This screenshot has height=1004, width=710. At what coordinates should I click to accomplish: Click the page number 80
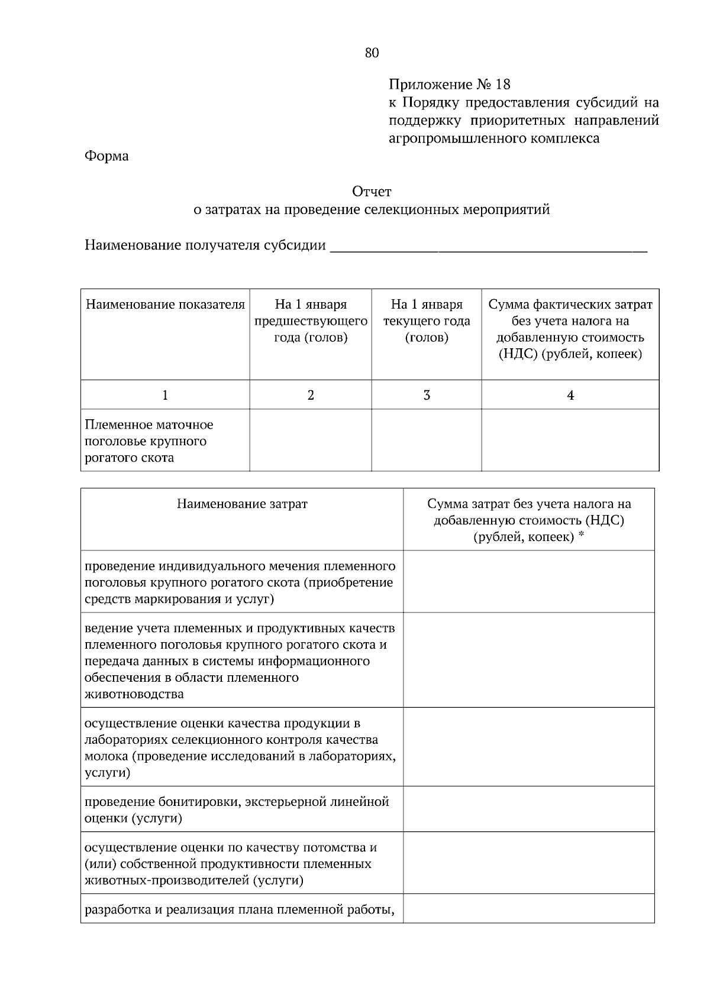pos(372,53)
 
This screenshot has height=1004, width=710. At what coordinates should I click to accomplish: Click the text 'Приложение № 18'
pos(449,85)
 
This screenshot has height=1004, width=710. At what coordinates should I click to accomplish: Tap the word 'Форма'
pos(106,156)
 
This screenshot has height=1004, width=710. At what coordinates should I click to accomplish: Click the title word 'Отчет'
pos(372,192)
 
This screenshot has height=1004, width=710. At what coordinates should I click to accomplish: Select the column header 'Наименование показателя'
pos(165,305)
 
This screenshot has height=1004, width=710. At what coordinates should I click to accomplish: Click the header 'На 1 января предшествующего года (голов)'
pos(311,321)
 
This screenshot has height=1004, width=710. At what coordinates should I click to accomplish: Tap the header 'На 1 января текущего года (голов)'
pos(427,321)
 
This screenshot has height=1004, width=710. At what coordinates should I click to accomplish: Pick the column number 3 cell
pos(427,395)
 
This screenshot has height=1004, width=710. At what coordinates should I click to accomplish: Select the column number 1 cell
pos(165,395)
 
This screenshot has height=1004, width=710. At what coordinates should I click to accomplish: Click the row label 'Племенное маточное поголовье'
pos(149,441)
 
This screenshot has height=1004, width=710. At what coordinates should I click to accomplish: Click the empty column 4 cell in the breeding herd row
pos(570,441)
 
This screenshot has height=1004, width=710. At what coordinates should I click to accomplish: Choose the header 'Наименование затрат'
pos(242,504)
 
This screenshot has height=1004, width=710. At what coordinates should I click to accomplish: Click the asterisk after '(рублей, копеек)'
pos(582,535)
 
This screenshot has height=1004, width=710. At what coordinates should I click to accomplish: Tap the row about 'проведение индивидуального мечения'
pos(240,582)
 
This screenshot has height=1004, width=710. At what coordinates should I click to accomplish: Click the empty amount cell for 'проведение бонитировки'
pos(528,810)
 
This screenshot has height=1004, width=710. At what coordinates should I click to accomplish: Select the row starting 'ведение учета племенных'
pos(240,660)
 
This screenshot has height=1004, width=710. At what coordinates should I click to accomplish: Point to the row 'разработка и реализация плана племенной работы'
pos(240,909)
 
